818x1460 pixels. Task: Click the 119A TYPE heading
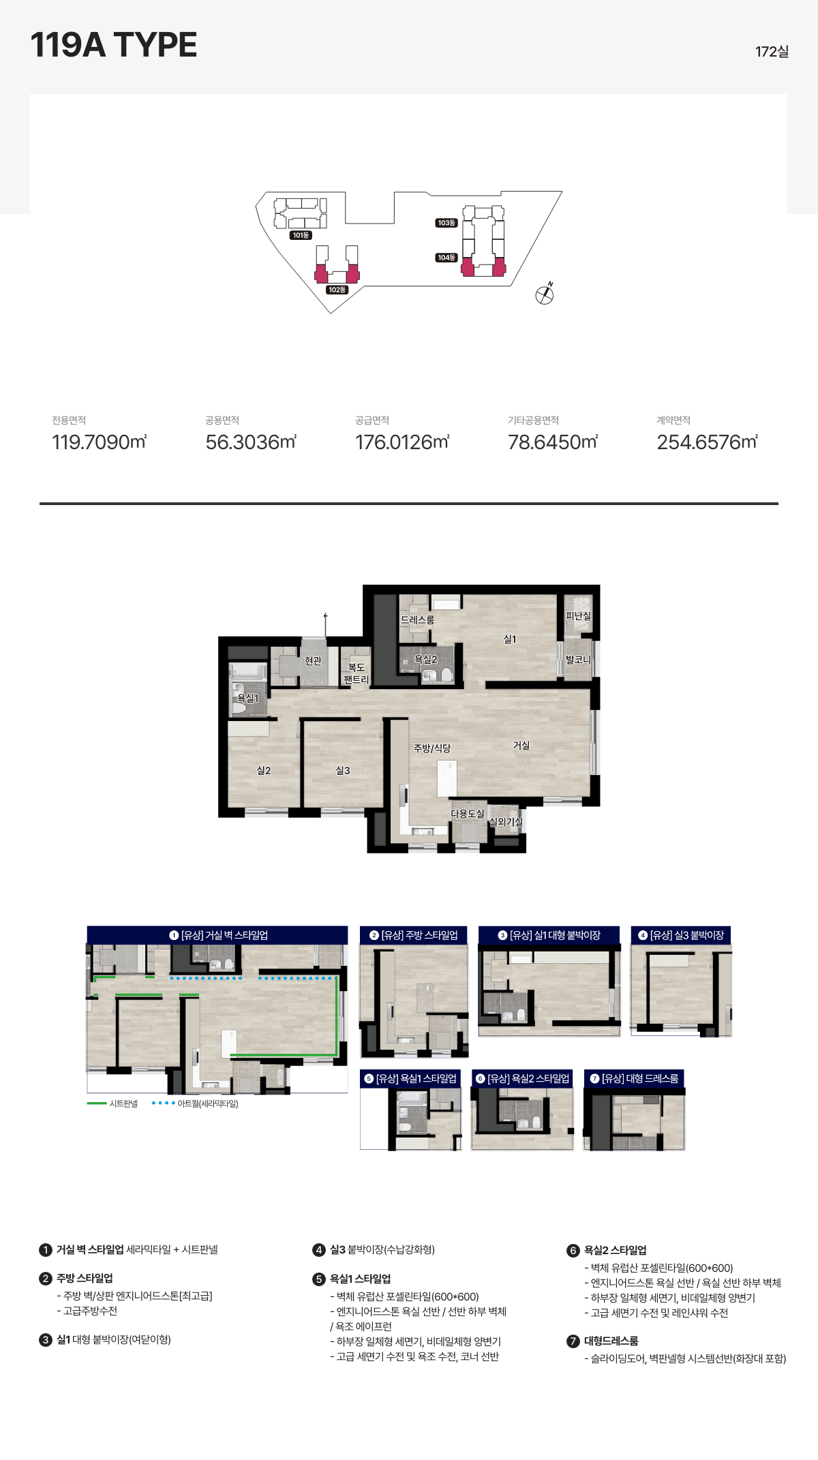(x=114, y=45)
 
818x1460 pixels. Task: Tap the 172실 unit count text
(x=772, y=52)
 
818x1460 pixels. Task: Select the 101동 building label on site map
(x=301, y=235)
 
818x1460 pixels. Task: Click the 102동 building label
(x=337, y=290)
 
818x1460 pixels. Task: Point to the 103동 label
(x=446, y=223)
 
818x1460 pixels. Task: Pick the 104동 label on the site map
(x=446, y=258)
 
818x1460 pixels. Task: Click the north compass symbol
(x=545, y=294)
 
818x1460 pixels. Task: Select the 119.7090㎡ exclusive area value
(x=100, y=442)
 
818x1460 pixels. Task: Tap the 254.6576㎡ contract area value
(x=707, y=442)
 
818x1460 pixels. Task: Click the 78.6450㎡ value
(x=553, y=442)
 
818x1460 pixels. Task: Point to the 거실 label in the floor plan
(x=521, y=746)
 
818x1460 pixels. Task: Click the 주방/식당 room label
(x=432, y=748)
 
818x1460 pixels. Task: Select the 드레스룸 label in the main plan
(x=417, y=620)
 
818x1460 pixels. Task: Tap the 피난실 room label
(x=578, y=616)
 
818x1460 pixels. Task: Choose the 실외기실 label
(x=506, y=822)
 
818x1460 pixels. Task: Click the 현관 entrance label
(x=313, y=661)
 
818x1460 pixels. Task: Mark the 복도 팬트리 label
(x=356, y=673)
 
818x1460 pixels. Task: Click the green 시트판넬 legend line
(x=97, y=1104)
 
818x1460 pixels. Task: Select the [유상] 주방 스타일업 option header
(x=414, y=935)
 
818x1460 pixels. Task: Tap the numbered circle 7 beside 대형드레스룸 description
(x=573, y=1341)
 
